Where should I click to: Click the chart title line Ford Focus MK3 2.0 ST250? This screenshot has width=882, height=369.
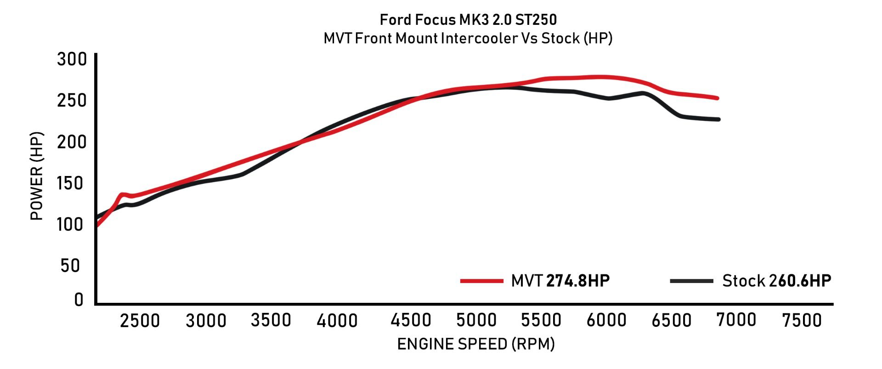(x=468, y=20)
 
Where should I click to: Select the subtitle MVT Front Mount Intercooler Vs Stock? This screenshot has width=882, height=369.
(x=468, y=38)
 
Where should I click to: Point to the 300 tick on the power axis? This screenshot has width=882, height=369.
(x=72, y=59)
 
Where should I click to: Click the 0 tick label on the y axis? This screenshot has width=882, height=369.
(x=79, y=300)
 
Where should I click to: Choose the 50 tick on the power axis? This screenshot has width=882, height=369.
(x=70, y=266)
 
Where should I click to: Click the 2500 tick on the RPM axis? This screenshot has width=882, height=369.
(x=140, y=320)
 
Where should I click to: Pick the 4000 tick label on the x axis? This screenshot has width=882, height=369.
(x=337, y=320)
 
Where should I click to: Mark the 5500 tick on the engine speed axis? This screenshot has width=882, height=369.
(x=541, y=320)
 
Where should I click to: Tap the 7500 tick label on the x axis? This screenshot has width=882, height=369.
(x=802, y=320)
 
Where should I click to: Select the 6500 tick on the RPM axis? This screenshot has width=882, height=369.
(x=671, y=320)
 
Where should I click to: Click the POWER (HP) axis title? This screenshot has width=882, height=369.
(x=37, y=176)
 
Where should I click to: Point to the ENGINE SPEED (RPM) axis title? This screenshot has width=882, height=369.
(x=476, y=344)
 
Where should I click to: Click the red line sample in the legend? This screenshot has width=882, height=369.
(x=481, y=281)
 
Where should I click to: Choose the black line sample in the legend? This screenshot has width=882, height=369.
(x=691, y=281)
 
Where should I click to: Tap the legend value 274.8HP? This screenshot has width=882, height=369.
(x=578, y=281)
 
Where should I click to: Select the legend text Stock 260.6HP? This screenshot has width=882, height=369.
(x=776, y=281)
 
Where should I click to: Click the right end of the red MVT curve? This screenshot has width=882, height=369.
(x=717, y=98)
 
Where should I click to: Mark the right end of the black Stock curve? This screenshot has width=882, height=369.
(x=718, y=119)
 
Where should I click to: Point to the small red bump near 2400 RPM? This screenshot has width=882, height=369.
(x=122, y=195)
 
